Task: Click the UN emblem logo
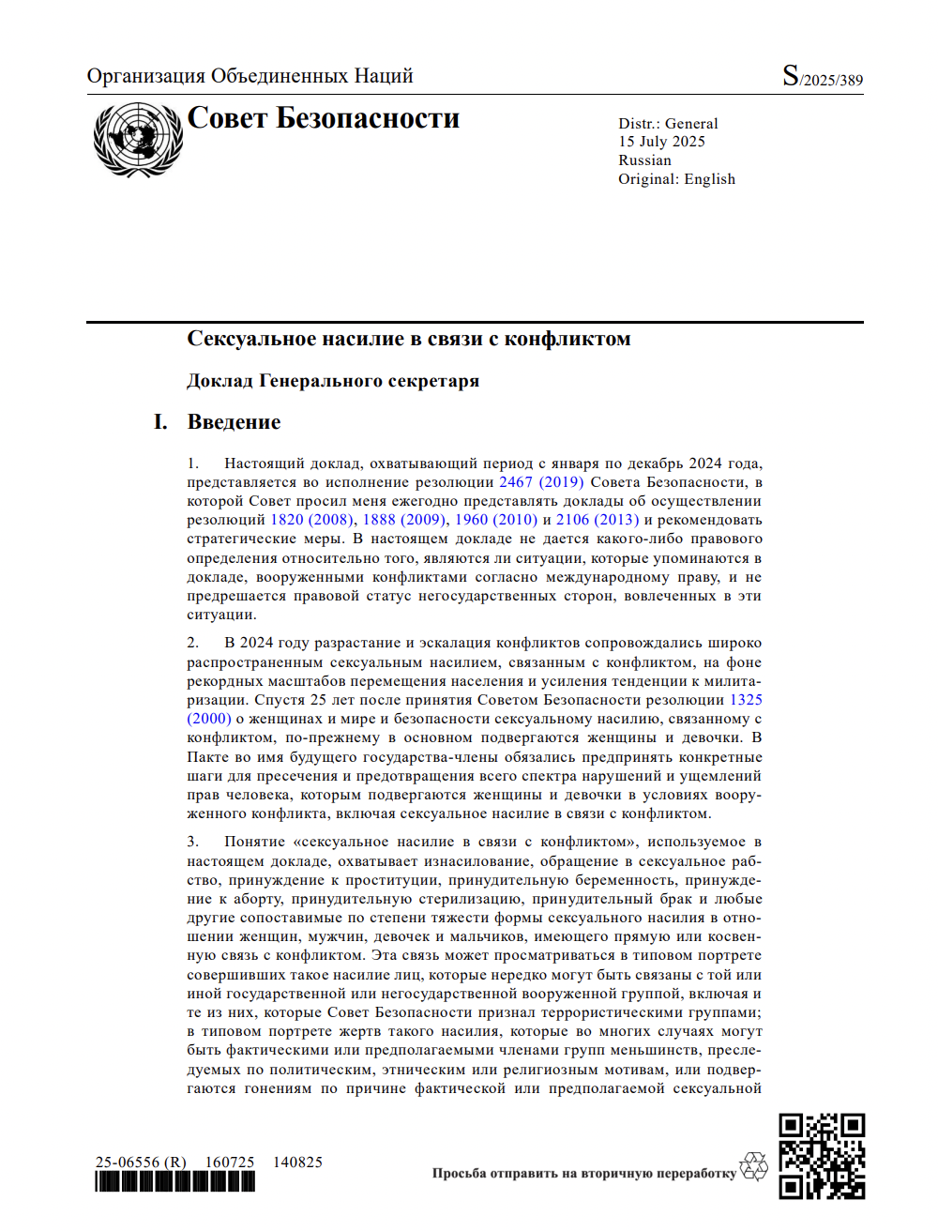138,140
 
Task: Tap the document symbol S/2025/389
822,77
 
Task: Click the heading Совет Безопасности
324,118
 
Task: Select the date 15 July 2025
661,142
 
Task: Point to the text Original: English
676,179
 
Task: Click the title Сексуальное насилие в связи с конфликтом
408,339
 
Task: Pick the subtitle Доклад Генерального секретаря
333,381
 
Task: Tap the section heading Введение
234,422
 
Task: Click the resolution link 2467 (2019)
541,482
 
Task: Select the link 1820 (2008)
311,520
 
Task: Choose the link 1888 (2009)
403,520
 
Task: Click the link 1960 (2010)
496,520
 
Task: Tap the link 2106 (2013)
598,520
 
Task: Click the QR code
822,1156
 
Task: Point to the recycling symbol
753,1167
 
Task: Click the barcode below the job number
174,1182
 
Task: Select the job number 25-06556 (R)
141,1163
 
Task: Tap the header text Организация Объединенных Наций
250,76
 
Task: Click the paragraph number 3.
192,842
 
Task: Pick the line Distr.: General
668,124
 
